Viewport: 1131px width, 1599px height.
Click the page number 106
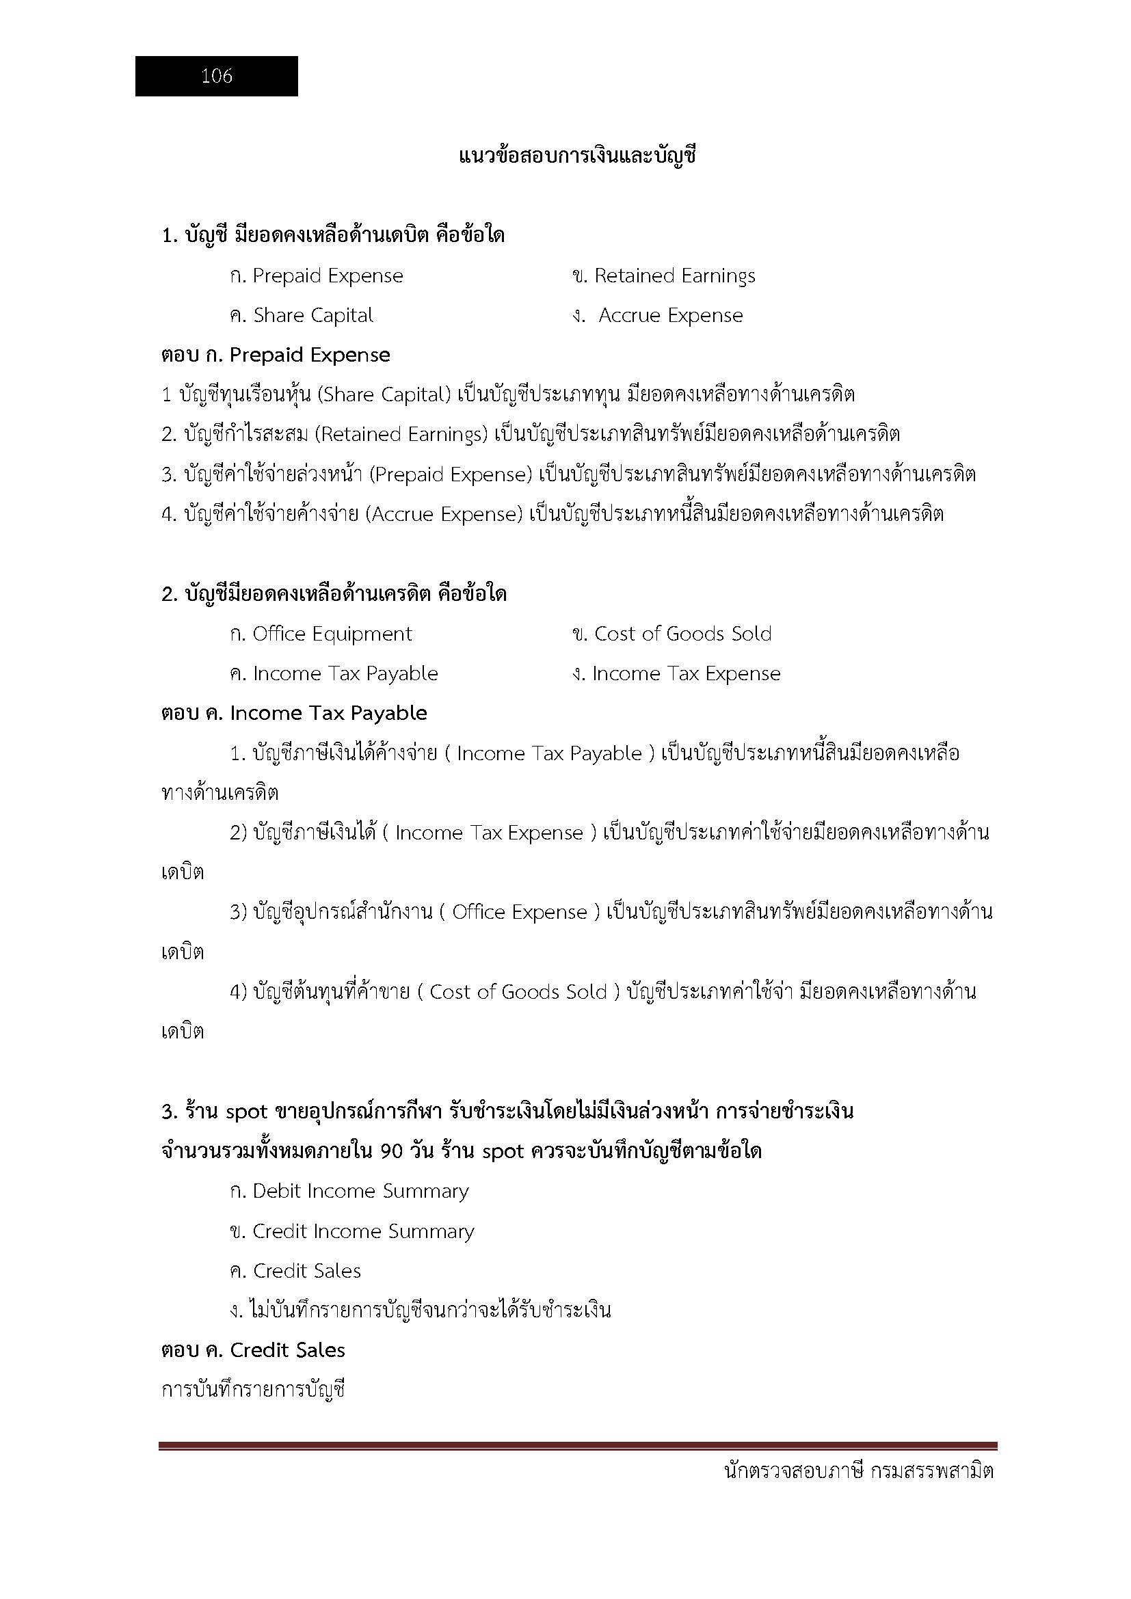pyautogui.click(x=217, y=76)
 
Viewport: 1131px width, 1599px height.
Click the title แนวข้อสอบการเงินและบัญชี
pyautogui.click(x=577, y=156)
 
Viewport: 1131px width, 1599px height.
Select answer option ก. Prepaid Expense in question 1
pyautogui.click(x=316, y=276)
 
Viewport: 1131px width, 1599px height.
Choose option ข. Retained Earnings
pyautogui.click(x=663, y=276)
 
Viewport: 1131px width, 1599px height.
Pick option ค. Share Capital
pyautogui.click(x=301, y=315)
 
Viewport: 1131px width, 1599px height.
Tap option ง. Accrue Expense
pyautogui.click(x=656, y=315)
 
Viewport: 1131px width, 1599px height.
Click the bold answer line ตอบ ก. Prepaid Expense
pyautogui.click(x=275, y=355)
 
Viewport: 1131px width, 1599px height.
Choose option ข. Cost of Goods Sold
pyautogui.click(x=671, y=634)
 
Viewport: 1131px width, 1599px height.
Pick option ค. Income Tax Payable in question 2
pyautogui.click(x=334, y=673)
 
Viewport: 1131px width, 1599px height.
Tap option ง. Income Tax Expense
pyautogui.click(x=676, y=673)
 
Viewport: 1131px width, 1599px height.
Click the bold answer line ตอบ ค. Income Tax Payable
pyautogui.click(x=294, y=713)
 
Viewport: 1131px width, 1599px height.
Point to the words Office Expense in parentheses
pyautogui.click(x=520, y=913)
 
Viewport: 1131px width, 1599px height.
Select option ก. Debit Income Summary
pyautogui.click(x=349, y=1191)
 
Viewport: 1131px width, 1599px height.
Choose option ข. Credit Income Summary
pyautogui.click(x=351, y=1231)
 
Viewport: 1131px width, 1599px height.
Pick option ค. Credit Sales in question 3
pyautogui.click(x=295, y=1271)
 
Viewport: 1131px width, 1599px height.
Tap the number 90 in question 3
pyautogui.click(x=392, y=1152)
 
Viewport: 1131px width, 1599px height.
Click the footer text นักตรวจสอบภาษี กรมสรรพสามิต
pyautogui.click(x=859, y=1472)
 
